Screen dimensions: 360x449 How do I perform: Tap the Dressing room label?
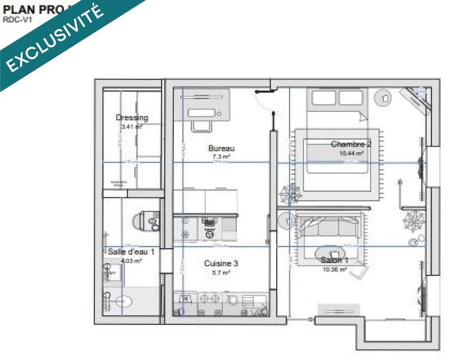coord(132,118)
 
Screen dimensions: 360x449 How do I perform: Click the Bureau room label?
coord(221,149)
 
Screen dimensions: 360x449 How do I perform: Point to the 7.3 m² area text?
coord(221,158)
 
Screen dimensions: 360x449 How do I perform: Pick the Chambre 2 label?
coord(351,144)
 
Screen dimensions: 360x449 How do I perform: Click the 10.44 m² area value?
coord(351,153)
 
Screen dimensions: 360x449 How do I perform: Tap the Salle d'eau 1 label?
coord(131,252)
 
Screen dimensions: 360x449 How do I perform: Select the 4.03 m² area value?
coord(131,261)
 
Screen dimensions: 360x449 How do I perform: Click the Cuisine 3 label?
coord(221,263)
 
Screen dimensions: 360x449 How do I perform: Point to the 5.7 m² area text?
coord(221,273)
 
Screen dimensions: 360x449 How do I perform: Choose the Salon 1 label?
coord(335,260)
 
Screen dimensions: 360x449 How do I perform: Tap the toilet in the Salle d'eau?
coord(146,221)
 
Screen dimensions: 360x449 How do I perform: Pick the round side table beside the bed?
coord(384,98)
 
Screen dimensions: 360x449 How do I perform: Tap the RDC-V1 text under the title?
coord(17,19)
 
